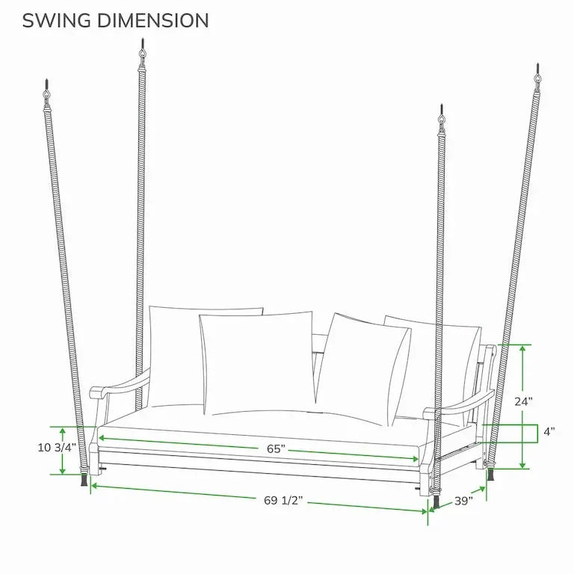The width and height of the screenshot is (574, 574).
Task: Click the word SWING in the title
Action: click(x=56, y=20)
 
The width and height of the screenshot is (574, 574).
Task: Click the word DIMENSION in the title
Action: click(x=153, y=20)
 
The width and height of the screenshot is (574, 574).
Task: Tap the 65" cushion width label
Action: click(x=276, y=448)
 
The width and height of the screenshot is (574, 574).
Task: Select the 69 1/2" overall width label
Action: click(x=283, y=500)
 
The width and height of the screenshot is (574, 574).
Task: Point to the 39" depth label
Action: click(x=463, y=501)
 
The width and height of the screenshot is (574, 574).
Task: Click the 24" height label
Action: click(x=523, y=401)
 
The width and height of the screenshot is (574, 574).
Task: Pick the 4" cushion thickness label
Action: click(x=549, y=431)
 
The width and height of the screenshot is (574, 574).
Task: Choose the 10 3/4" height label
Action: click(x=57, y=448)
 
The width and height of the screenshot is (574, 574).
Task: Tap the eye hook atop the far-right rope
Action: click(x=538, y=78)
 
